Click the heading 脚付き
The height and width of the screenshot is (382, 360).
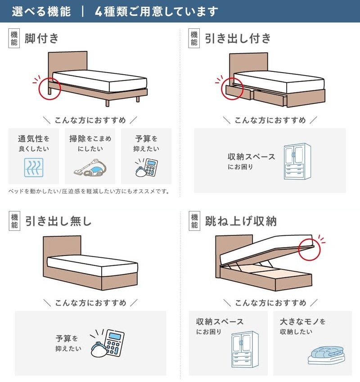(42, 38)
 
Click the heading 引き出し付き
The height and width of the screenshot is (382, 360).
(238, 38)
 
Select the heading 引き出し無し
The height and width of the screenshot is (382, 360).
(58, 221)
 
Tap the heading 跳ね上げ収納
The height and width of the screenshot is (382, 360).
(241, 221)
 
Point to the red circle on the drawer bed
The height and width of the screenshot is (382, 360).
(233, 88)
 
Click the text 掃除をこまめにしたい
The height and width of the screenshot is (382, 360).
(90, 144)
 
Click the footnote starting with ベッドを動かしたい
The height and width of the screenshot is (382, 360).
(89, 191)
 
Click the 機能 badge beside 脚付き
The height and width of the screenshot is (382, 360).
(14, 38)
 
